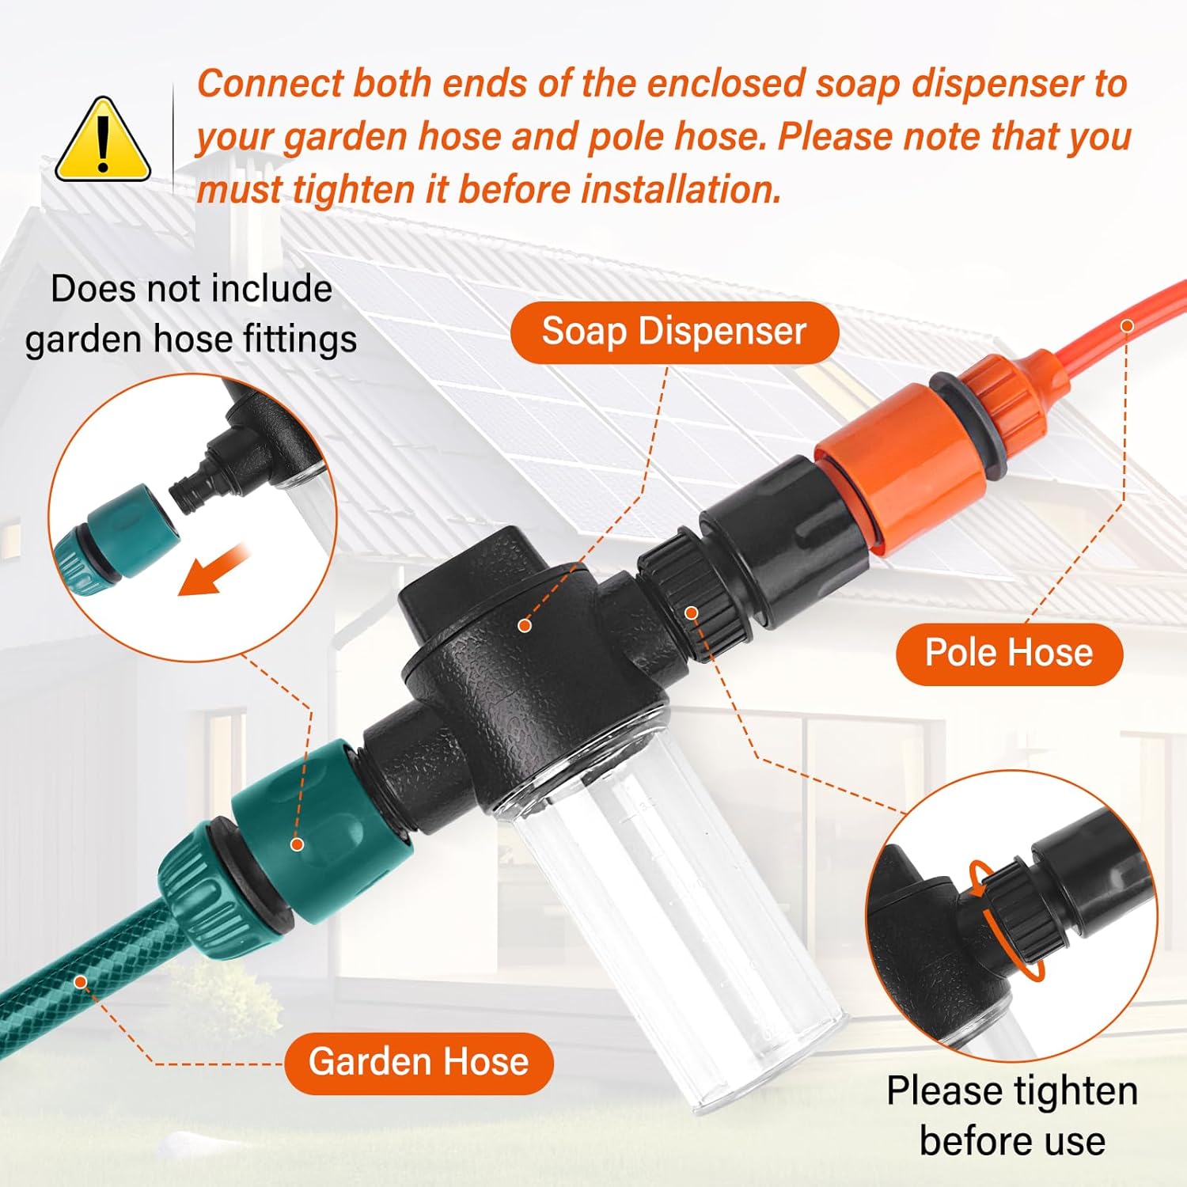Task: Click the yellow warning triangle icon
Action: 102,141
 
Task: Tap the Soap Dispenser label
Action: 673,331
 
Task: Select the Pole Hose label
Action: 1009,654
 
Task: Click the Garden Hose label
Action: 419,1062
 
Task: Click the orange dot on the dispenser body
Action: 524,625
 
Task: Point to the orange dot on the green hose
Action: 80,981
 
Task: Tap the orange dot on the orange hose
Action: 1128,326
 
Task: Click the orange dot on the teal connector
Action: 298,844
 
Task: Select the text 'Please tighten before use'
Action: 1012,1116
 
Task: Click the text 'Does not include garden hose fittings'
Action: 191,314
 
